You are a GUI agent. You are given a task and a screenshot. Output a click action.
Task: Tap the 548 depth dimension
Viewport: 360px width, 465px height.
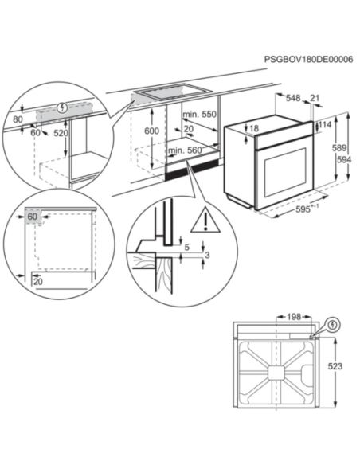(293, 99)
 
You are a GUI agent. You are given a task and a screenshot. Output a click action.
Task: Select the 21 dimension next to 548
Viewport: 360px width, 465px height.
(315, 99)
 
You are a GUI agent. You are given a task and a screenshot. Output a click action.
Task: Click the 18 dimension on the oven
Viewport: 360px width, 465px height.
(254, 128)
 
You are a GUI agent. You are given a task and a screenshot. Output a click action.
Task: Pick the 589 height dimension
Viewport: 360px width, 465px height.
(339, 148)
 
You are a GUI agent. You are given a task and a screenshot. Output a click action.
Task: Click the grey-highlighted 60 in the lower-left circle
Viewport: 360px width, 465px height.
(33, 216)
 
